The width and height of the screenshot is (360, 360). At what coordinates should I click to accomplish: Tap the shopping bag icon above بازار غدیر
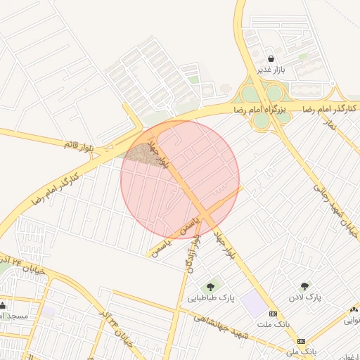click(x=271, y=57)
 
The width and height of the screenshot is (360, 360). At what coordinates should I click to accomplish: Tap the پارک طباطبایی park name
click(x=210, y=299)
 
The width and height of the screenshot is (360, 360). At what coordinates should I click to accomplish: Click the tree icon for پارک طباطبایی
click(x=210, y=286)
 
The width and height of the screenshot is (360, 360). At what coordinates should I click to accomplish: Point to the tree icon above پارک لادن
click(x=304, y=286)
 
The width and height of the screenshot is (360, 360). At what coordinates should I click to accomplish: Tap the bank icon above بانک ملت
click(x=274, y=314)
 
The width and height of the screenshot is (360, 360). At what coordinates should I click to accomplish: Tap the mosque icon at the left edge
click(x=3, y=305)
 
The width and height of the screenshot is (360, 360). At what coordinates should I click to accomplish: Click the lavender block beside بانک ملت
click(x=254, y=304)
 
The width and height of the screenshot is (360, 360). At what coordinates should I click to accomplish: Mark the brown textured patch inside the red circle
click(x=141, y=153)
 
